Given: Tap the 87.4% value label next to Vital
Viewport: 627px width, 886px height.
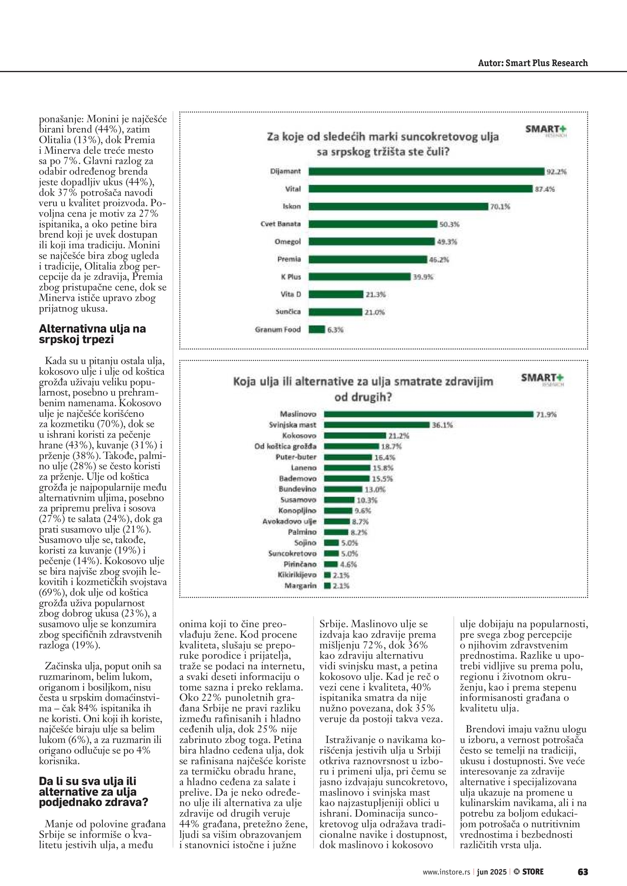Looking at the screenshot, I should [x=545, y=189].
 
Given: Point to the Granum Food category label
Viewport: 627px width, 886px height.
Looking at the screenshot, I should [x=278, y=329].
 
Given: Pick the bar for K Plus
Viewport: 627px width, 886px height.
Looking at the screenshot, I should [x=359, y=277].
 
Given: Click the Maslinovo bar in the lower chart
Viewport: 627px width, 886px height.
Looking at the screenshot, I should [x=429, y=414].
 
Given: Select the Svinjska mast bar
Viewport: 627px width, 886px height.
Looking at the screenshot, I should [x=376, y=425].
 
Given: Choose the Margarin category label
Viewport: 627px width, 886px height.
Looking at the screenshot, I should [x=300, y=586].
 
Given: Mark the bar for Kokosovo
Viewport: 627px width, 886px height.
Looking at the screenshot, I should [x=355, y=436].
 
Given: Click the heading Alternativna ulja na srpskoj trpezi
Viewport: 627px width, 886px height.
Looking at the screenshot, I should [x=92, y=334].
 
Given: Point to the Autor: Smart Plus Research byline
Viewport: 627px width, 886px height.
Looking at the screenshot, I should [x=532, y=63].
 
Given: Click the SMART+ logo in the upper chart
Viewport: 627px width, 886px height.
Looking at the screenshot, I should [x=545, y=130].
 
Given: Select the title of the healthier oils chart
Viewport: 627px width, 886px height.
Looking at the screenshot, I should [x=363, y=389].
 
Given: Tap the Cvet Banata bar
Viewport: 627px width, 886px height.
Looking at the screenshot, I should [x=372, y=224].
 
